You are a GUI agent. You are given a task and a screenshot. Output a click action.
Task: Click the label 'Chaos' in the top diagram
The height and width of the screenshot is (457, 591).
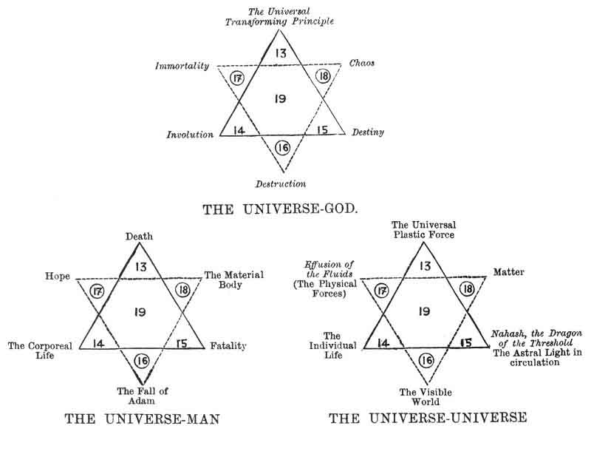point(362,63)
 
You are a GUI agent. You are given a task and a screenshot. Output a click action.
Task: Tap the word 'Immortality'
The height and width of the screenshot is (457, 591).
point(182,67)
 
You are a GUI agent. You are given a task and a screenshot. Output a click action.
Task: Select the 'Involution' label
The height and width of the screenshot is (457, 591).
point(190,135)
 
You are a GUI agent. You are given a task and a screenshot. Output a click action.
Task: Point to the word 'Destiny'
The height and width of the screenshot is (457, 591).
point(367,133)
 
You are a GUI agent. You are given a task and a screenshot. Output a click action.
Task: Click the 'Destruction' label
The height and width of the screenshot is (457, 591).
point(280,183)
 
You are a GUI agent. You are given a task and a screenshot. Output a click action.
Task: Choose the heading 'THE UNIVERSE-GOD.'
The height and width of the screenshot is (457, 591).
point(280,209)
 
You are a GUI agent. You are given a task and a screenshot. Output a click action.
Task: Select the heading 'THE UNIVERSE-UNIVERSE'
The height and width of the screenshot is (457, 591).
point(428,419)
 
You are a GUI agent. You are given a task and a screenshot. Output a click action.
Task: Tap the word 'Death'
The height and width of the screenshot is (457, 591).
point(139,237)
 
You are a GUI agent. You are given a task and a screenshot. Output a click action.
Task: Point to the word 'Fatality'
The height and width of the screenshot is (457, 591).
point(228,345)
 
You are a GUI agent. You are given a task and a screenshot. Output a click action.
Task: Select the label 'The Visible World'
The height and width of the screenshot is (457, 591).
point(426,396)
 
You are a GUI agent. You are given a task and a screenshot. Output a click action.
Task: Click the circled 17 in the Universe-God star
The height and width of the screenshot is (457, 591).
point(237,78)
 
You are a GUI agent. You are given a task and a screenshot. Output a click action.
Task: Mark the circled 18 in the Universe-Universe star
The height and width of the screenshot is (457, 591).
point(467,290)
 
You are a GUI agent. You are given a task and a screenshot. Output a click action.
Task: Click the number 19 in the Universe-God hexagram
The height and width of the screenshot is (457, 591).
point(280,98)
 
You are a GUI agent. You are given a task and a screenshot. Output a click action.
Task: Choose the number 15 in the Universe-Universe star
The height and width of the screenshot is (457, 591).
point(466,342)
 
